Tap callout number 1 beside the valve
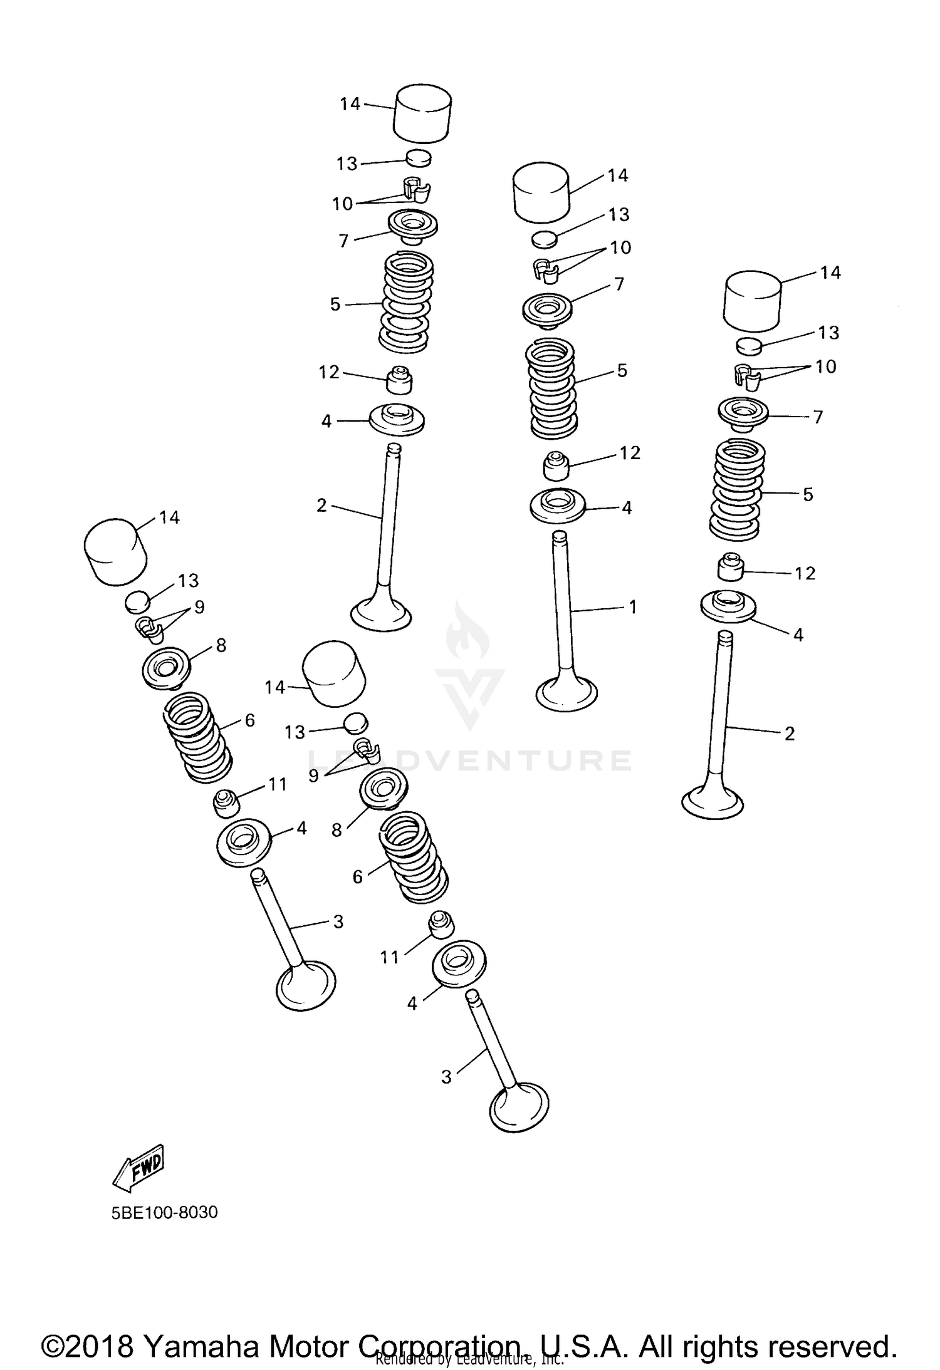tap(633, 606)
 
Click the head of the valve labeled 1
tap(567, 694)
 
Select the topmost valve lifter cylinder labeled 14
tap(422, 112)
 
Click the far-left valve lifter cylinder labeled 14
tap(116, 552)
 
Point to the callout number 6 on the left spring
tap(249, 720)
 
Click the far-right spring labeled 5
tap(736, 490)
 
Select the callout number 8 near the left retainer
tap(221, 645)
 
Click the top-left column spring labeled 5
tap(406, 302)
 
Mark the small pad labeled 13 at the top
tap(419, 158)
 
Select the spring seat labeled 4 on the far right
tap(728, 606)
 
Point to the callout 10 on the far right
tap(825, 366)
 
